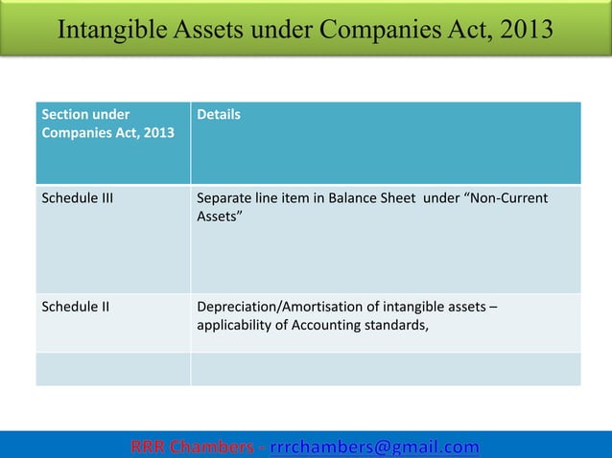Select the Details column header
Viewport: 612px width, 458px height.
(x=218, y=115)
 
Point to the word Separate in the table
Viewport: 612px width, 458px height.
(x=224, y=199)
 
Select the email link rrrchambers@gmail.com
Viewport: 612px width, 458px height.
(x=374, y=447)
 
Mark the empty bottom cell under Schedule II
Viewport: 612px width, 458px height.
(x=112, y=369)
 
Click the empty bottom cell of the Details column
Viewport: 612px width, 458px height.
(x=386, y=369)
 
